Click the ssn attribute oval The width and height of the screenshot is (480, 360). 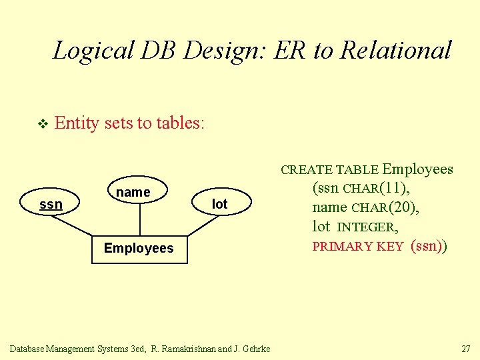pos(51,205)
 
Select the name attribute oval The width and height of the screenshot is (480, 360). pos(133,192)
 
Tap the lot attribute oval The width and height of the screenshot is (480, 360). pos(219,205)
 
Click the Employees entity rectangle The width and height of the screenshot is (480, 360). pos(139,249)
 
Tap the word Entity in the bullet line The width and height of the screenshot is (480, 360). pos(77,123)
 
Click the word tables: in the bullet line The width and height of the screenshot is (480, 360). pos(180,123)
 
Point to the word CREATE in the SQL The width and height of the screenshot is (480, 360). pos(306,170)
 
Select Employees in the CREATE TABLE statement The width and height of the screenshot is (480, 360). pos(418,169)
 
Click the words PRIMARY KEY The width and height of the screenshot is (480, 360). pos(358,247)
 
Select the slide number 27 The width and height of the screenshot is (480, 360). pos(465,349)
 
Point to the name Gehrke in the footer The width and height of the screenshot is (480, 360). pos(255,349)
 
